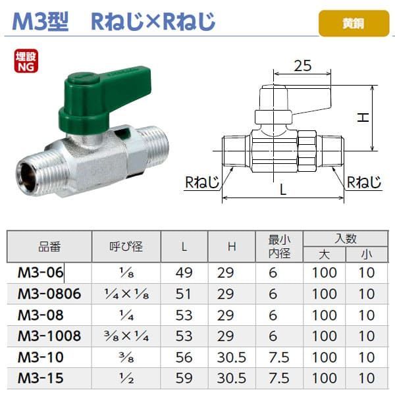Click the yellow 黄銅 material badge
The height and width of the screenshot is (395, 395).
pos(350,23)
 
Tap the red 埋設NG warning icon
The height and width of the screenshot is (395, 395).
pos(26,60)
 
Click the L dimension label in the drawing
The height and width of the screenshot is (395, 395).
pos(283,190)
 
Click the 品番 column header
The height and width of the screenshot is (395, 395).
pos(49,247)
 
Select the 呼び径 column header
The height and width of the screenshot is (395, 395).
pos(126,247)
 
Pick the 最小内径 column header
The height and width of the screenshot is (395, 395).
pos(275,247)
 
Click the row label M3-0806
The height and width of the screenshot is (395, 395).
pos(50,294)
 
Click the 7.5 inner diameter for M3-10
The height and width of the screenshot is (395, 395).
pos(275,357)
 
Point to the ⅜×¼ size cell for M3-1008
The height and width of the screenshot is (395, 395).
pos(126,336)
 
